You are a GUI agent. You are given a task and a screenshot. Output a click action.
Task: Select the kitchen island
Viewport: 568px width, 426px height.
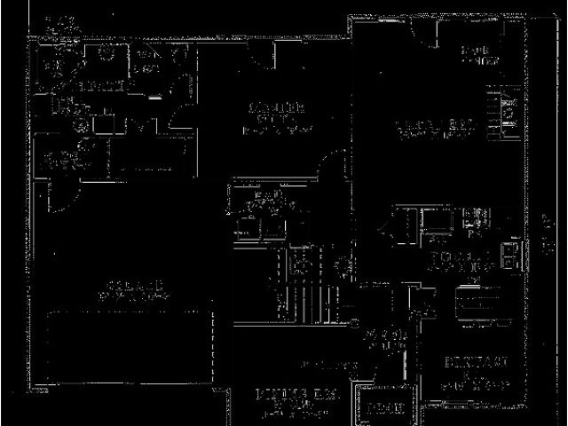tap(475, 302)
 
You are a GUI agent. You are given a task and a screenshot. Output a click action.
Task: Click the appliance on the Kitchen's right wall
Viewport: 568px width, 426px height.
tap(510, 257)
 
